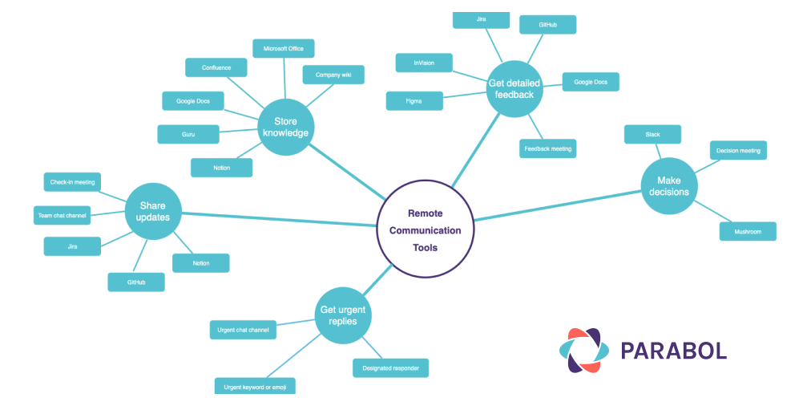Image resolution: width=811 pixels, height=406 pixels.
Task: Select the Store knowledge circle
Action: pyautogui.click(x=285, y=128)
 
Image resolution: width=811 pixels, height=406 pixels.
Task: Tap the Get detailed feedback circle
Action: pyautogui.click(x=514, y=88)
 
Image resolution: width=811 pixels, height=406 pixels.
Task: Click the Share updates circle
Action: pyautogui.click(x=153, y=211)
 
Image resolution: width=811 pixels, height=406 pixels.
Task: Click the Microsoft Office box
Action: pyautogui.click(x=284, y=48)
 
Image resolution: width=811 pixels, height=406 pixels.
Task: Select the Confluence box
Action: pyautogui.click(x=216, y=67)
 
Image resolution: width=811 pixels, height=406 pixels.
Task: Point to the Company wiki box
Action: pyautogui.click(x=333, y=75)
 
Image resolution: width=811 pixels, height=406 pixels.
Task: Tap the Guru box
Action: pyautogui.click(x=188, y=134)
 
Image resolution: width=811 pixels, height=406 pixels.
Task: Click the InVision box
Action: pyautogui.click(x=424, y=63)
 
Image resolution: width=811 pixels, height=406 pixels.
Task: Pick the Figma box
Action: pyautogui.click(x=414, y=101)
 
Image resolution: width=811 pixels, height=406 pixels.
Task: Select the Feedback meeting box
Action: pyautogui.click(x=547, y=148)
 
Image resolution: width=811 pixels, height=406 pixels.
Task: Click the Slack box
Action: pyautogui.click(x=652, y=134)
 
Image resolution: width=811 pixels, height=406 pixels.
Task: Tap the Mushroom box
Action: pyautogui.click(x=748, y=231)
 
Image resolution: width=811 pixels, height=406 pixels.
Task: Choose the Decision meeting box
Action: pyautogui.click(x=738, y=150)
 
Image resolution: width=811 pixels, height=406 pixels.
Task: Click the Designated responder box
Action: pyautogui.click(x=390, y=367)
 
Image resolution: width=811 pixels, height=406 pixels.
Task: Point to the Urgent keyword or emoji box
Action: pyautogui.click(x=255, y=386)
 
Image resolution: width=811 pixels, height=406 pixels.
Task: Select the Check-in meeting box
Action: pyautogui.click(x=72, y=182)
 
